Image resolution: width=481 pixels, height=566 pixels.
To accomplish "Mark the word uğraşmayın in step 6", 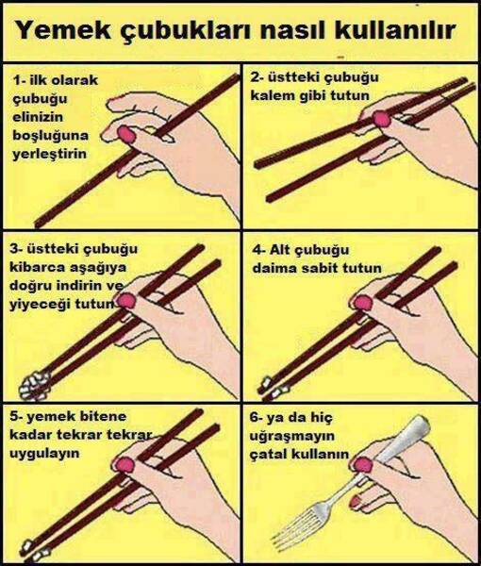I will [295, 435].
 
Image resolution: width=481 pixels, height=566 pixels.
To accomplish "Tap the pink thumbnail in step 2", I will [382, 118].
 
